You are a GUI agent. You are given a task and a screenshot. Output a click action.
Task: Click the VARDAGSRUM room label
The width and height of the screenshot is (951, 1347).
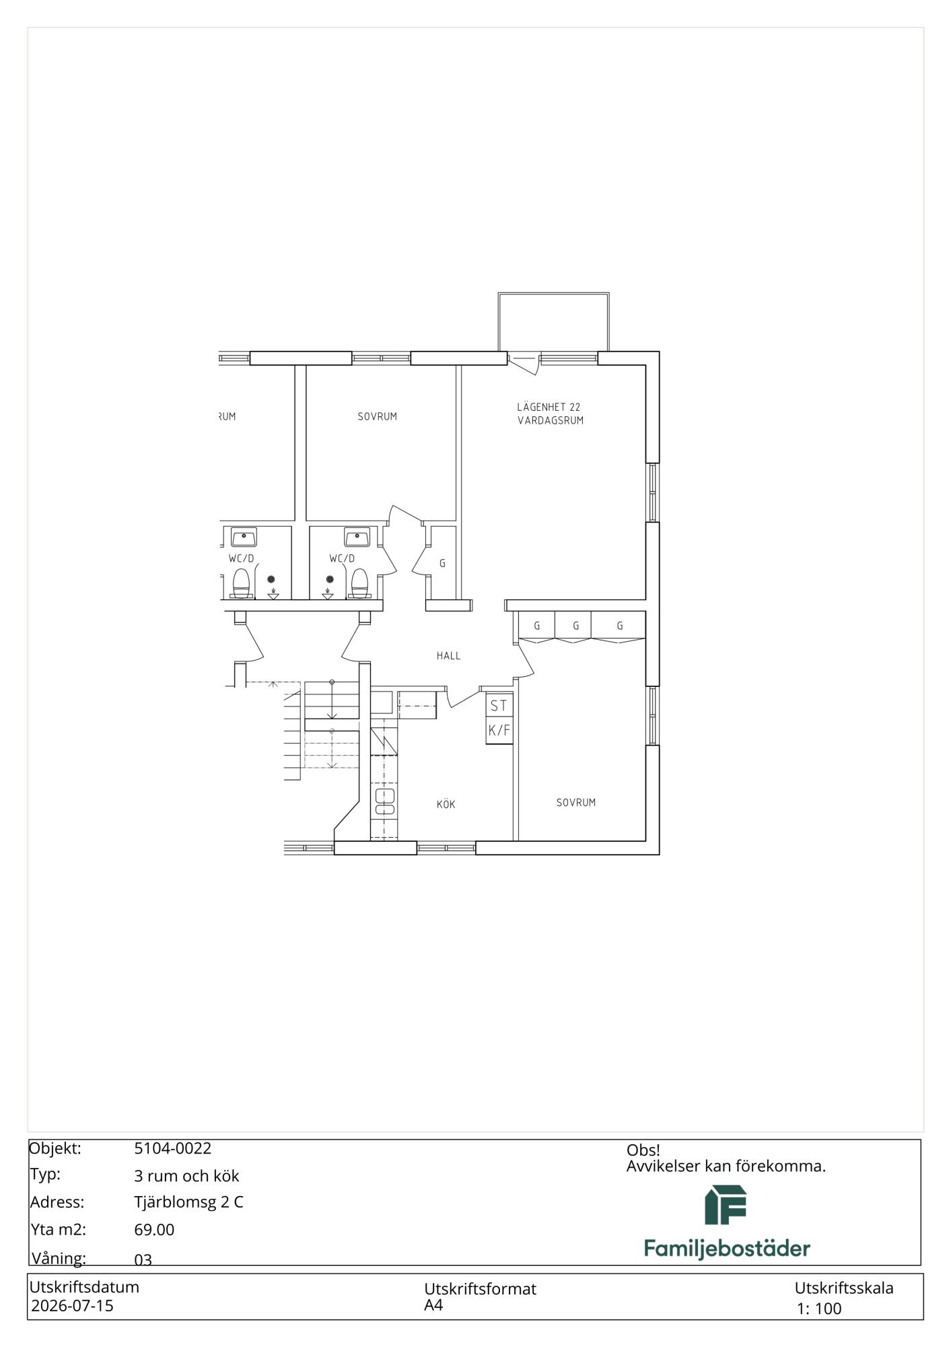pos(550,420)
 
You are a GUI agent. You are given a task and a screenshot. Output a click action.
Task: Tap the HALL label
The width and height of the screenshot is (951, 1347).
pos(448,655)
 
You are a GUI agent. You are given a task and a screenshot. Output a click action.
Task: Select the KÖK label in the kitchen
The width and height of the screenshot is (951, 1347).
pos(446,804)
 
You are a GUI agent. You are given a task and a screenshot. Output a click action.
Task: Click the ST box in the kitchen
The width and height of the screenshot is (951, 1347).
pos(499,706)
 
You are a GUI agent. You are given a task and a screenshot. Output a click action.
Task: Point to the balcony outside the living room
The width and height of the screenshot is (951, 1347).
pos(553,322)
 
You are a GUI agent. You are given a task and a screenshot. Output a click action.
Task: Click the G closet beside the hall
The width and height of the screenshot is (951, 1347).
pos(442,563)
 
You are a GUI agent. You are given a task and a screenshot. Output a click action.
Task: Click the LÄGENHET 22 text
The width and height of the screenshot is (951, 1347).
pos(549,407)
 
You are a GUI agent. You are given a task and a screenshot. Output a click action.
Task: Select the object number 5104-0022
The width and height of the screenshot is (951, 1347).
pos(173,1148)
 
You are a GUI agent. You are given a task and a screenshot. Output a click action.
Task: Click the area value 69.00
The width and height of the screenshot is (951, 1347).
pos(154,1230)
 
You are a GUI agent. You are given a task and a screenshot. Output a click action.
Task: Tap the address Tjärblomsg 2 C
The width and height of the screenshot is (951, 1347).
pos(188,1202)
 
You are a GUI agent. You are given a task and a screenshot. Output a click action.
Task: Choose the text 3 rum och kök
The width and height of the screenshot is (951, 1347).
pos(186,1176)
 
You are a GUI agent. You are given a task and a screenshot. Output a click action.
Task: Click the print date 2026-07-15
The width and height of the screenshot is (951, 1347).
pos(73,1306)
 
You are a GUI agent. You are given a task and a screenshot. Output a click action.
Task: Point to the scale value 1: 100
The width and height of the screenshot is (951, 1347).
pos(819,1309)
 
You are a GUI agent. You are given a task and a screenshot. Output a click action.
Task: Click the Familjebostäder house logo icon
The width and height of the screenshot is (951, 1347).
pos(726,1205)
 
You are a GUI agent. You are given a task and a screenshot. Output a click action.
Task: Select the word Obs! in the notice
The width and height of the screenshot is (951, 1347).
pos(643,1150)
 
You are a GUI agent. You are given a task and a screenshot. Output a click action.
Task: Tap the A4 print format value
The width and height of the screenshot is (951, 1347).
pos(433,1305)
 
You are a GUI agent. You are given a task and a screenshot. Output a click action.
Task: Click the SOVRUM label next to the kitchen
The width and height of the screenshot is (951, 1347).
pos(576,802)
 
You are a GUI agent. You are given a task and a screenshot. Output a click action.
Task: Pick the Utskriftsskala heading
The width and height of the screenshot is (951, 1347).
pos(844,1288)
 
